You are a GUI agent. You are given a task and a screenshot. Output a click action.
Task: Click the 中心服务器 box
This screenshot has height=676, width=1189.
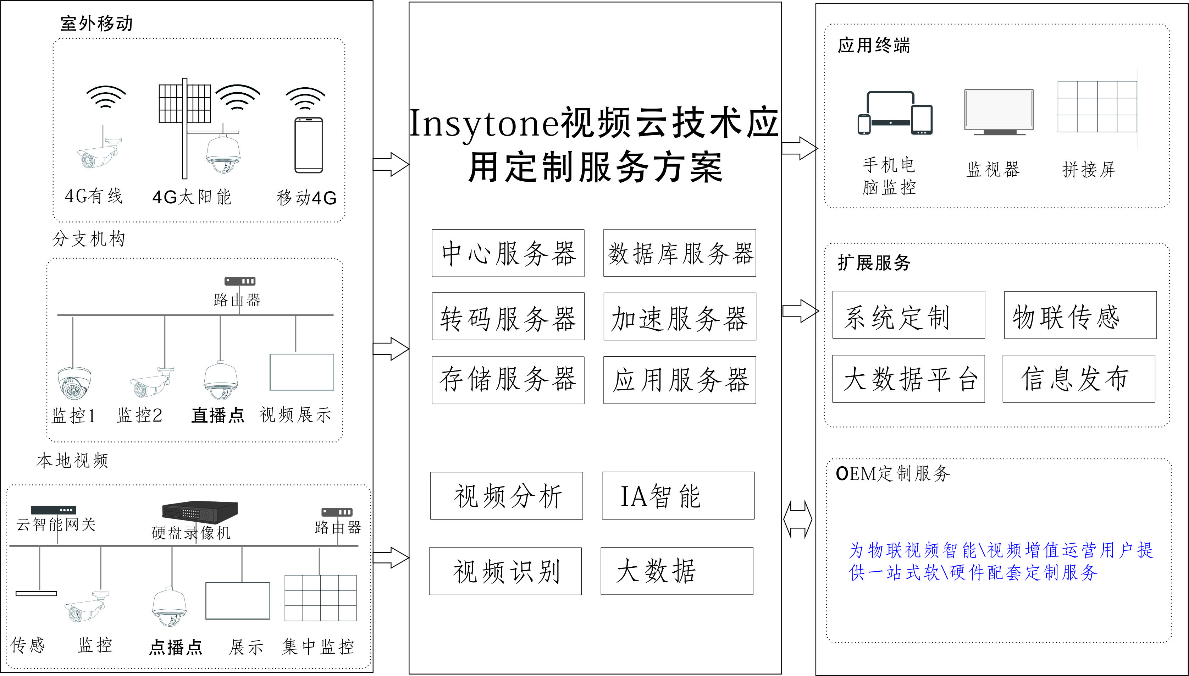tap(508, 253)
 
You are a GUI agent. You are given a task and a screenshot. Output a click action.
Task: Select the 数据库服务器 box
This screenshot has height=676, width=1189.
tap(679, 253)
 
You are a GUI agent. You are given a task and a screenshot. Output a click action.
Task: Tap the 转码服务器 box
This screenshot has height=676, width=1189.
tap(508, 317)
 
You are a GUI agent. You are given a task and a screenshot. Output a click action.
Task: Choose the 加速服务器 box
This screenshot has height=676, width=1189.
tap(679, 317)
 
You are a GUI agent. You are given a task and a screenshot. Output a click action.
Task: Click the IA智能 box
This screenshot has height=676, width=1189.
tap(678, 496)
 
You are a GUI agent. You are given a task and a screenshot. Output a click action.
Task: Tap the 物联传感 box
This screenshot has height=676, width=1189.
tap(1080, 315)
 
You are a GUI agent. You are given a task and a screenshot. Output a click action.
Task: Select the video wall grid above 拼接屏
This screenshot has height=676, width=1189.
tap(1097, 106)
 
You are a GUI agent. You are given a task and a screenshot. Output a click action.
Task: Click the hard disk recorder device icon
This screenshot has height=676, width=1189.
tap(200, 511)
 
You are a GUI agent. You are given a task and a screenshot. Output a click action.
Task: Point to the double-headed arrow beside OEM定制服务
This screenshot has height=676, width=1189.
tap(798, 520)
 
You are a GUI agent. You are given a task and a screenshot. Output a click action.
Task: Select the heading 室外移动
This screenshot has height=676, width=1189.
tap(96, 23)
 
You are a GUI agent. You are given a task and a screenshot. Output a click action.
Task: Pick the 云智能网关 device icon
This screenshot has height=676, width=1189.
tap(53, 510)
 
